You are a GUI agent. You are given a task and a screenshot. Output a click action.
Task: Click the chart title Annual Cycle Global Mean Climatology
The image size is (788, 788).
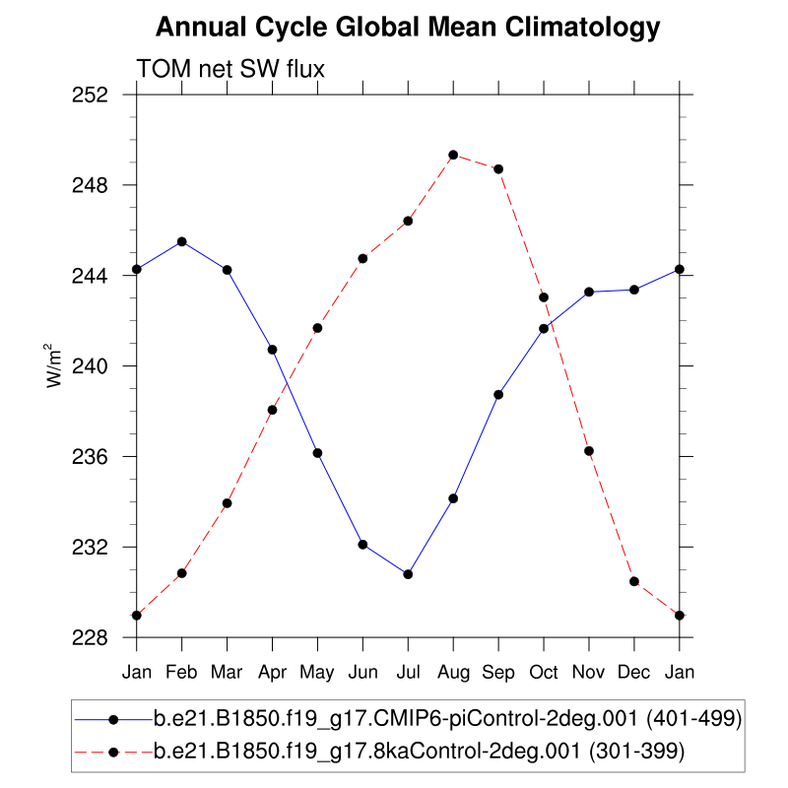coord(408,28)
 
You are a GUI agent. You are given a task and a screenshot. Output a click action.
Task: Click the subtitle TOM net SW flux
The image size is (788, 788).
coord(230,69)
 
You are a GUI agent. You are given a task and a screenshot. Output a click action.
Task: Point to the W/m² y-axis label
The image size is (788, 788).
coord(55,365)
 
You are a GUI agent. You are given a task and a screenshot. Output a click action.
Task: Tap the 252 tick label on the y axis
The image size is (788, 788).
coord(92,95)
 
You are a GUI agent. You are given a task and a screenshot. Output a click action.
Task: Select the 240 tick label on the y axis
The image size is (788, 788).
coord(92,366)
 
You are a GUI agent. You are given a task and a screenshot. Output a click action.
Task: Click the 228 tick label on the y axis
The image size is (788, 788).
coord(92,637)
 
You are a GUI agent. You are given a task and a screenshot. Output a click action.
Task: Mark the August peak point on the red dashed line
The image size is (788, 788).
coord(453,155)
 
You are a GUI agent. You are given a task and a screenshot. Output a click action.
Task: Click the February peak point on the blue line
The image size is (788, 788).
coord(182,241)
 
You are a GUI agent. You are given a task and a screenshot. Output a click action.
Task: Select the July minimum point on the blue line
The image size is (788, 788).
coord(408,574)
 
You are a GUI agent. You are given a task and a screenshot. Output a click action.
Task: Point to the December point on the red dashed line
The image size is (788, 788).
coord(634,581)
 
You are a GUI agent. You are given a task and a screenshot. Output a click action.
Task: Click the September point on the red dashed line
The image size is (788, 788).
coord(498,168)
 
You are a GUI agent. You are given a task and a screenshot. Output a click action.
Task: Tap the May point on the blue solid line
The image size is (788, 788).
coord(317,453)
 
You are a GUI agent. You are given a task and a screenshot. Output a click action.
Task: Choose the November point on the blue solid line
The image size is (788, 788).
coord(589,292)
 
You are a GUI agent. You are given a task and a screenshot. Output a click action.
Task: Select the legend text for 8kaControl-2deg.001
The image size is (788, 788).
coord(419,752)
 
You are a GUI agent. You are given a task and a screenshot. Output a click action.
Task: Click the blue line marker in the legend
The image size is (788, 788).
coord(113,719)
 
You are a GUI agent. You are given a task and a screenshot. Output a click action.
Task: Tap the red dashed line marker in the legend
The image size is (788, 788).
coord(113,752)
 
